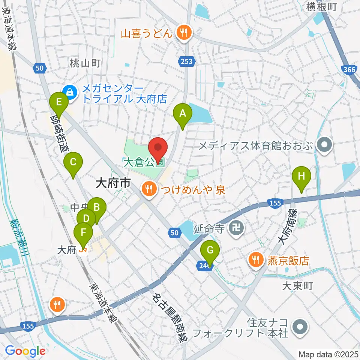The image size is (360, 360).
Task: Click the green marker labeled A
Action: click(x=182, y=114)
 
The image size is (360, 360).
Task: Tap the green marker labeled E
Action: click(x=59, y=102)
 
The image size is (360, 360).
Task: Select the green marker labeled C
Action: click(x=73, y=162)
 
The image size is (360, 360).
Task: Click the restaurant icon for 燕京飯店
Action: click(x=256, y=260)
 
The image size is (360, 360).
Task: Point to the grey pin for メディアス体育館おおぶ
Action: click(x=322, y=145)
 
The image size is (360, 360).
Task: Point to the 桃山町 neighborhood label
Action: click(x=85, y=63)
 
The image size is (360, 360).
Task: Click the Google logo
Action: click(x=25, y=351)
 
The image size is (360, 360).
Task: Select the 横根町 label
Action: click(x=322, y=6)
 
